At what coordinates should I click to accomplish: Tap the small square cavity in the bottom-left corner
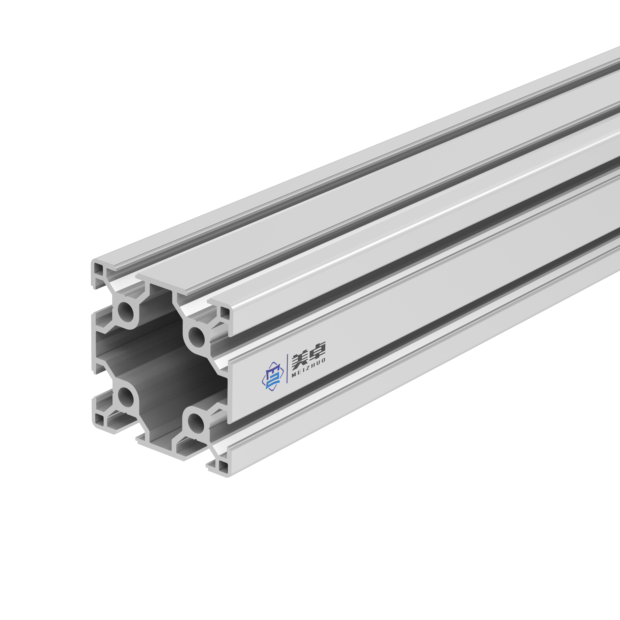(x=99, y=420)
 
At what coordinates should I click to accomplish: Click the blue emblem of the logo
(x=273, y=376)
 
